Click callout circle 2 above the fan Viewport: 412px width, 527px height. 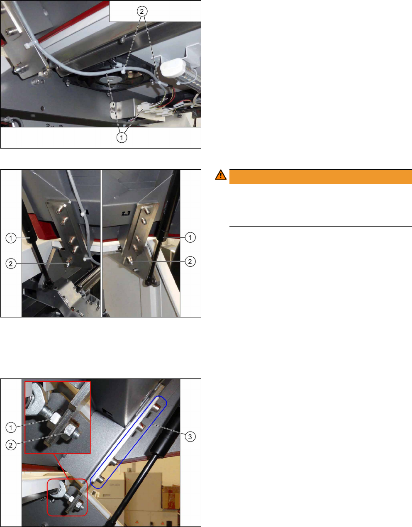[142, 11]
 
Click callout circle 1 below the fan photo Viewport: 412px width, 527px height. [122, 137]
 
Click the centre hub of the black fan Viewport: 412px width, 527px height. [111, 79]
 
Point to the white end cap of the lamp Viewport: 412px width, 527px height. [173, 68]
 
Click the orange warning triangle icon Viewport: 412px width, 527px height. [221, 175]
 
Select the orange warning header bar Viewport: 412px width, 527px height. [321, 176]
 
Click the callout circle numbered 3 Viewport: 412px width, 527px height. [190, 437]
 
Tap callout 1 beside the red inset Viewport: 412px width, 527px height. [11, 427]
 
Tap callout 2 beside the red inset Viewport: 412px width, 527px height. [11, 445]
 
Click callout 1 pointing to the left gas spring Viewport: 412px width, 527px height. [11, 238]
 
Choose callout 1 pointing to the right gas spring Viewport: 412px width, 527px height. [190, 237]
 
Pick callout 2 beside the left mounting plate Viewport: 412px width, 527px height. [11, 263]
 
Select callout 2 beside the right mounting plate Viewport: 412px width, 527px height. [190, 261]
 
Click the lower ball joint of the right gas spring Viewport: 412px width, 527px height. [150, 281]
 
